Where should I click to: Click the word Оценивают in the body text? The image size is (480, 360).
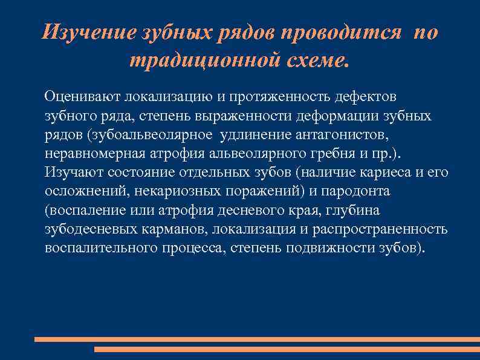82,97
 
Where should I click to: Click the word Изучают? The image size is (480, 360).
74,172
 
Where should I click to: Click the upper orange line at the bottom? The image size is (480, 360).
257,339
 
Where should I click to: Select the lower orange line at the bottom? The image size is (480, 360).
287,349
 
